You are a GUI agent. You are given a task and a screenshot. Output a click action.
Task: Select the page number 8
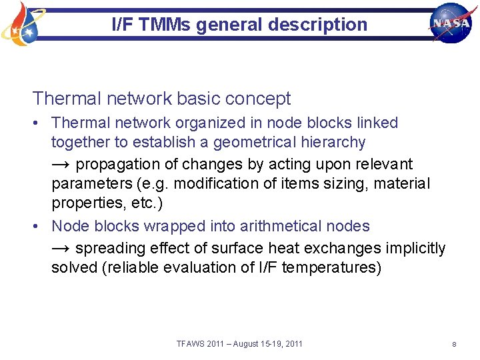pos(453,344)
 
